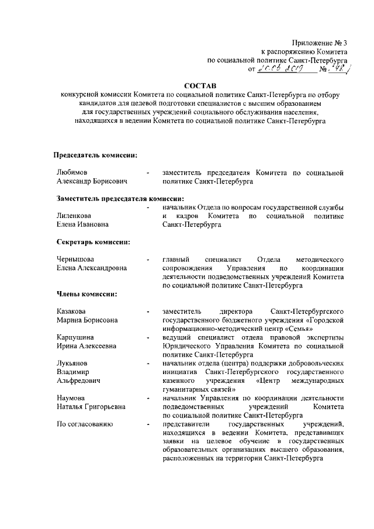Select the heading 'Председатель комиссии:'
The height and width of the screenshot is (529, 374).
(x=96, y=155)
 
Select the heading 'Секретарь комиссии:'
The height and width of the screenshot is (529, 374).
(x=93, y=241)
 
